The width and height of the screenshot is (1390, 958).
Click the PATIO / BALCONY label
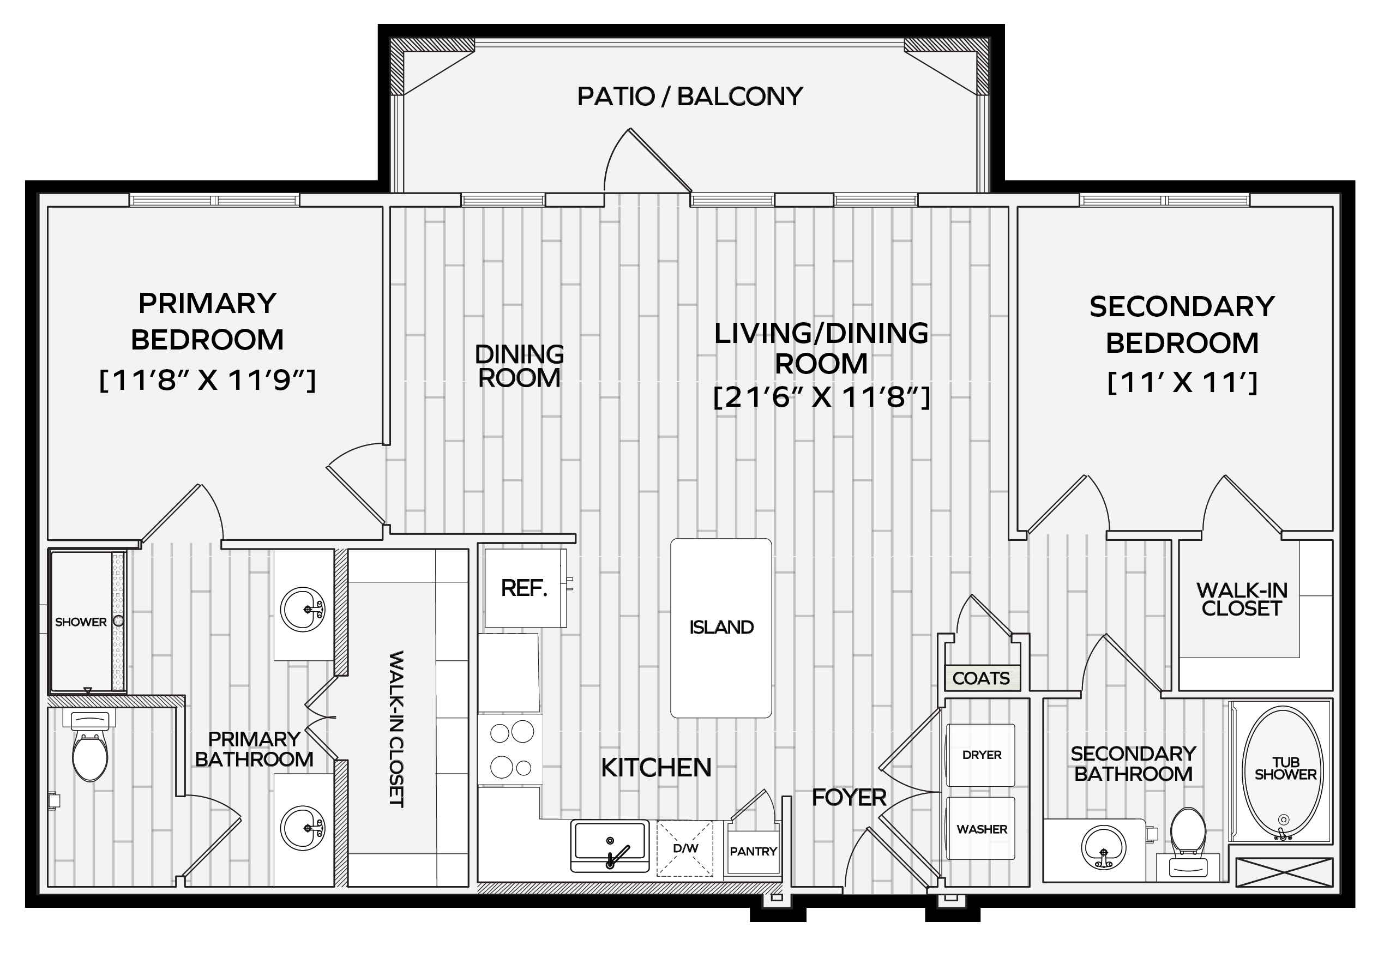pyautogui.click(x=690, y=96)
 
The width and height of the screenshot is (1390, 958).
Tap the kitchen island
pyautogui.click(x=721, y=628)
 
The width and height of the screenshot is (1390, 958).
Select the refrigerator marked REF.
pyautogui.click(x=525, y=588)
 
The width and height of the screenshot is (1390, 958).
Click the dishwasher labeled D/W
pyautogui.click(x=685, y=849)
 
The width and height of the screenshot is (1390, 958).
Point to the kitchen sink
pyautogui.click(x=610, y=846)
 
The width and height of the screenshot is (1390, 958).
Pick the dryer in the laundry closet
pyautogui.click(x=980, y=755)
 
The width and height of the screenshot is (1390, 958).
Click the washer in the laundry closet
pyautogui.click(x=980, y=829)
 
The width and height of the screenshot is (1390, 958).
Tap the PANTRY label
pyautogui.click(x=753, y=851)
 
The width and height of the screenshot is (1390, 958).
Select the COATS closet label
pyautogui.click(x=980, y=678)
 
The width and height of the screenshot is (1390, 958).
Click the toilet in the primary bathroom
pyautogui.click(x=90, y=748)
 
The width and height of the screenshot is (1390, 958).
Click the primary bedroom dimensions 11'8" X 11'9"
pyautogui.click(x=207, y=381)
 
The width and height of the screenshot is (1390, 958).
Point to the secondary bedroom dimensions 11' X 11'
pyautogui.click(x=1182, y=382)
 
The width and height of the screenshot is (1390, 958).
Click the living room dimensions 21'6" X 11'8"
pyautogui.click(x=821, y=397)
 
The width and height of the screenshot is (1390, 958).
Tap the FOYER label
pyautogui.click(x=849, y=798)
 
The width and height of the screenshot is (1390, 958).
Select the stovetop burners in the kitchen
pyautogui.click(x=512, y=749)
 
